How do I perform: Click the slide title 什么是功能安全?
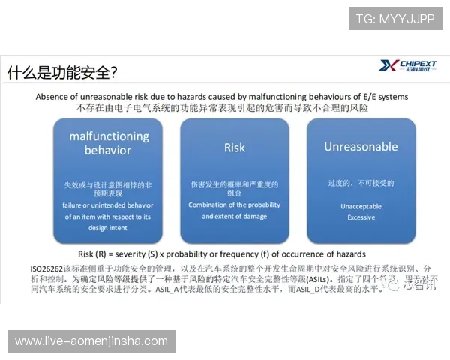(62, 73)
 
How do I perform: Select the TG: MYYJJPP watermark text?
(396, 17)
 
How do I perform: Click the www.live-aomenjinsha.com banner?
(91, 341)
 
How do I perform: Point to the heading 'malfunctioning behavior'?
(109, 143)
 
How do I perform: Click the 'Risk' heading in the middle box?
(235, 148)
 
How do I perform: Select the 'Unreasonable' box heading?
(361, 147)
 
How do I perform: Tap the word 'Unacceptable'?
(361, 206)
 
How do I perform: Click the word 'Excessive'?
(361, 217)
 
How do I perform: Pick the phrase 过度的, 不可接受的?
(361, 182)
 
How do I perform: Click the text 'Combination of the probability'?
(234, 205)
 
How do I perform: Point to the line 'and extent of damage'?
(234, 216)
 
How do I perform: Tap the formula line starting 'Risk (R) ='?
(222, 253)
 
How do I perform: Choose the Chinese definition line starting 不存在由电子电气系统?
(222, 108)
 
